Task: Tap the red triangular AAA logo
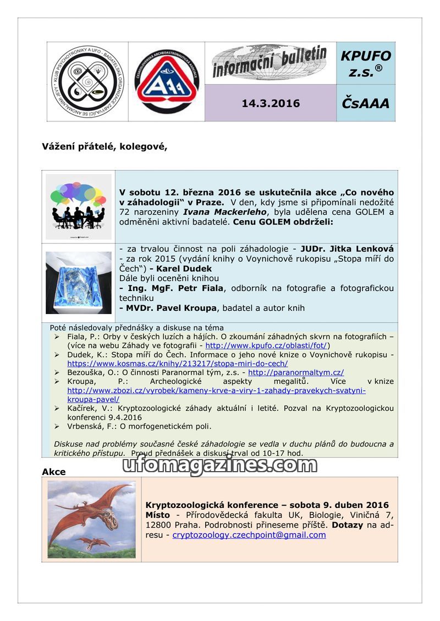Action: click(x=166, y=81)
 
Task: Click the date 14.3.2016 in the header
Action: click(x=270, y=103)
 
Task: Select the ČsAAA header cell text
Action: click(x=366, y=103)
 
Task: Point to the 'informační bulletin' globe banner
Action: click(x=270, y=63)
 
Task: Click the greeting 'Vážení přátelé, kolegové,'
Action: click(x=105, y=147)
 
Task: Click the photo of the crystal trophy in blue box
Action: click(x=78, y=282)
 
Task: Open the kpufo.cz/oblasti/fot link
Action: click(x=266, y=345)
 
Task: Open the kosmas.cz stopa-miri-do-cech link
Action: click(x=177, y=363)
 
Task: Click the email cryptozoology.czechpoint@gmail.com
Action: click(x=249, y=535)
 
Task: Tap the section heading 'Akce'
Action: click(x=54, y=472)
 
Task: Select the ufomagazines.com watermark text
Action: click(x=219, y=465)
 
